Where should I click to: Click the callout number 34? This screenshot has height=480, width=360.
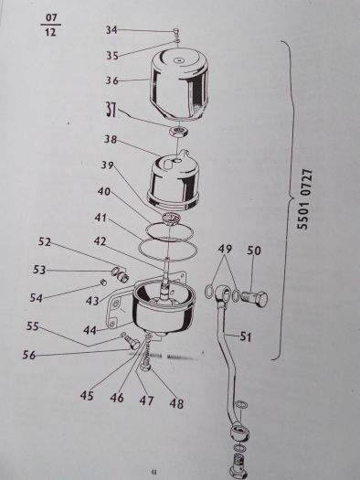point(111,30)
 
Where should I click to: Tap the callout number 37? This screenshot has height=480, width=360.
point(111,110)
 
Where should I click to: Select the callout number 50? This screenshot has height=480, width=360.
point(254,251)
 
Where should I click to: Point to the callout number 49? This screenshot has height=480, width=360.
point(225,249)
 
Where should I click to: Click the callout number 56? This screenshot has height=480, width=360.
point(28,355)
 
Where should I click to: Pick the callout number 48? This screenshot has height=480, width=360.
point(176,403)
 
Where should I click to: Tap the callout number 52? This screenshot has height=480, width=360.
point(45,241)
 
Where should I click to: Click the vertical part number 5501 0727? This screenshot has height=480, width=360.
point(305,199)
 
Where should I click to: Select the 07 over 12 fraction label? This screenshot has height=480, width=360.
point(50,25)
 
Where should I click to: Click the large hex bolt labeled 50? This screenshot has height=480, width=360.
point(255,298)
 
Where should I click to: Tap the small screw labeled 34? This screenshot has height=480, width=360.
point(176,31)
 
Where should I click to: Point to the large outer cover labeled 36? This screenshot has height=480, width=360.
point(178,83)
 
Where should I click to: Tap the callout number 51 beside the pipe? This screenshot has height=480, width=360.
point(246,336)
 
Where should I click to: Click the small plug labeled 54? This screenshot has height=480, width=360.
point(104,283)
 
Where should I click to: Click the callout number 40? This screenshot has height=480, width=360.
point(104,192)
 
